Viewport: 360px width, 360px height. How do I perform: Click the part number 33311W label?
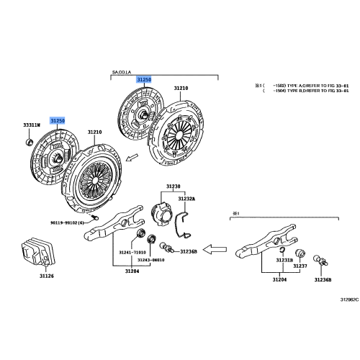[x=31, y=126]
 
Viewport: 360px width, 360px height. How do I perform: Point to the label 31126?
[x=46, y=276]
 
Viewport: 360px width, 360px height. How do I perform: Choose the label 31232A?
[x=186, y=197]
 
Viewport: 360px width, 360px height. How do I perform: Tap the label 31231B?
[x=285, y=260]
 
